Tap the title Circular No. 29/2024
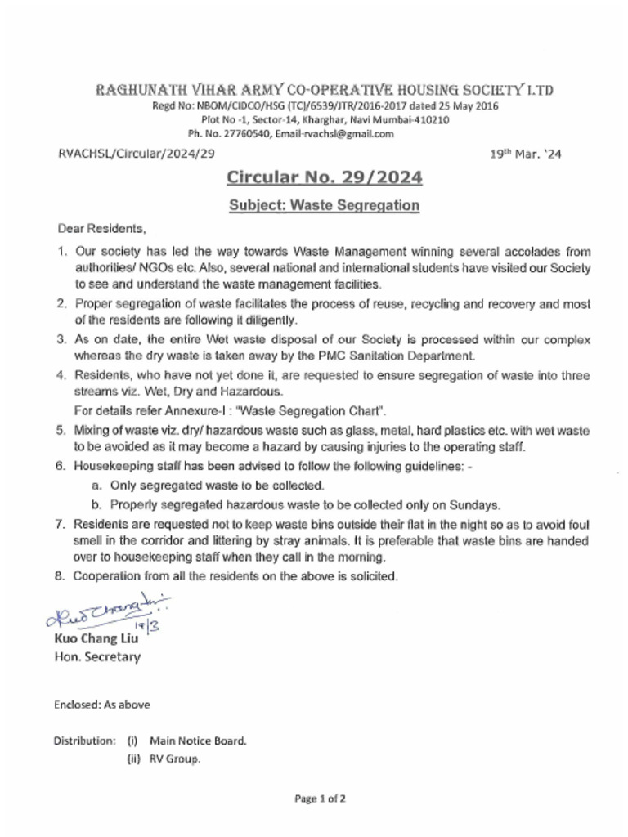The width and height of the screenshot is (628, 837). coord(325,177)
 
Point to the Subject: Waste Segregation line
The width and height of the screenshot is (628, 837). coord(325,205)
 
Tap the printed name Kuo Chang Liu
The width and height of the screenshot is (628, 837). coord(97,639)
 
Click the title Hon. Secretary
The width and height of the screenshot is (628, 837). coord(97,656)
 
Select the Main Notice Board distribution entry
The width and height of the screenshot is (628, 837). coord(198,741)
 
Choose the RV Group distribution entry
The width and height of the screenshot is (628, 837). coord(175,759)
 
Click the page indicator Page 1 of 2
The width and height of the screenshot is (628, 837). coord(320,799)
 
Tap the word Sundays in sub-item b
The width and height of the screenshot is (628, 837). coord(473,504)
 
